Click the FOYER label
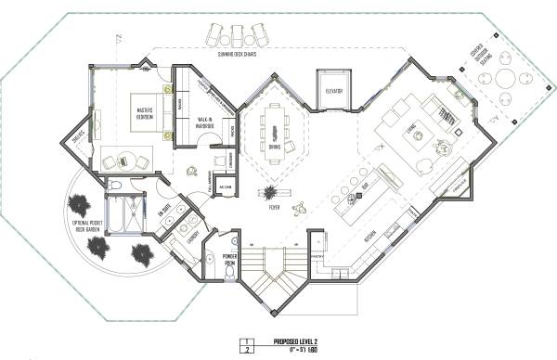click(x=274, y=208)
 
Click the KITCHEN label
click(x=368, y=238)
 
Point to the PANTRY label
click(x=314, y=254)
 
